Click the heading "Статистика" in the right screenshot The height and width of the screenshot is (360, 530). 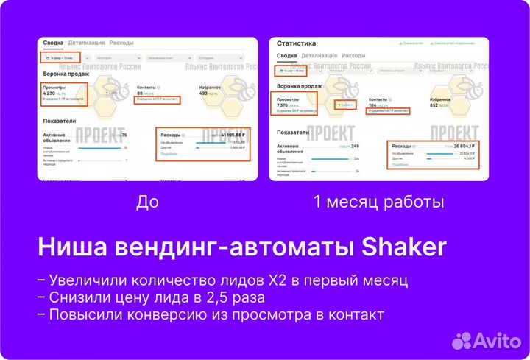296,43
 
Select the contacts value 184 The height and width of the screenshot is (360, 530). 374,105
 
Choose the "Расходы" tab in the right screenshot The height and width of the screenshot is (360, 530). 353,56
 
